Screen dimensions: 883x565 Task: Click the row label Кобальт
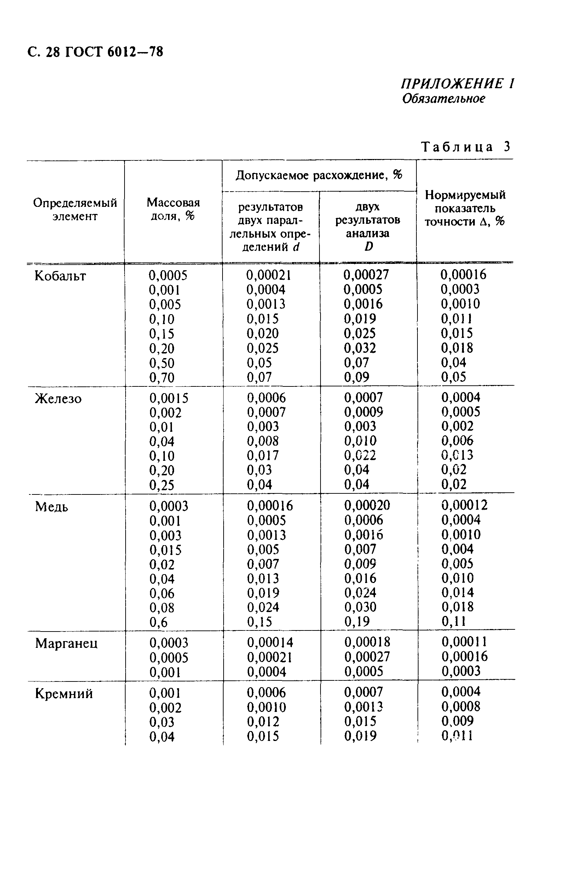coord(60,276)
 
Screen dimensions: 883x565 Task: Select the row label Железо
coord(58,398)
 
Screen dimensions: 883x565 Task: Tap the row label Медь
coord(52,507)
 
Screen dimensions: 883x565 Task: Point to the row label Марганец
coord(67,644)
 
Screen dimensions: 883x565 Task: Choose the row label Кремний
coord(64,694)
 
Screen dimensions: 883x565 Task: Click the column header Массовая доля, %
coord(173,209)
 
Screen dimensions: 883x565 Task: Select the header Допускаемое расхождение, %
coord(319,175)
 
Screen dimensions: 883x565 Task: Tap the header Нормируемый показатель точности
coord(465,208)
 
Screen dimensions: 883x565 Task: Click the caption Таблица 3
coord(466,147)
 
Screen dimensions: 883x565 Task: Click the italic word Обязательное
coord(444,98)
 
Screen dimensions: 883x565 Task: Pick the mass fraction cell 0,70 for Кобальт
coord(162,378)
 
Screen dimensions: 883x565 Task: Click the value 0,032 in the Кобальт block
coord(359,348)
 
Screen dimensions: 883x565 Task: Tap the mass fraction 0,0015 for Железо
coord(169,398)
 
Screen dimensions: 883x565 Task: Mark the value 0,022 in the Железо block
coord(360,455)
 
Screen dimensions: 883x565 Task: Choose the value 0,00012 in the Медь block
coord(465,505)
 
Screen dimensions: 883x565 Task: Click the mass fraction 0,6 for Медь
coord(158,622)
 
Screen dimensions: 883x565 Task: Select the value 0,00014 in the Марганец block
coord(270,643)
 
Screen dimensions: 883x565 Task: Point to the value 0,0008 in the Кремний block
coord(461,706)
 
